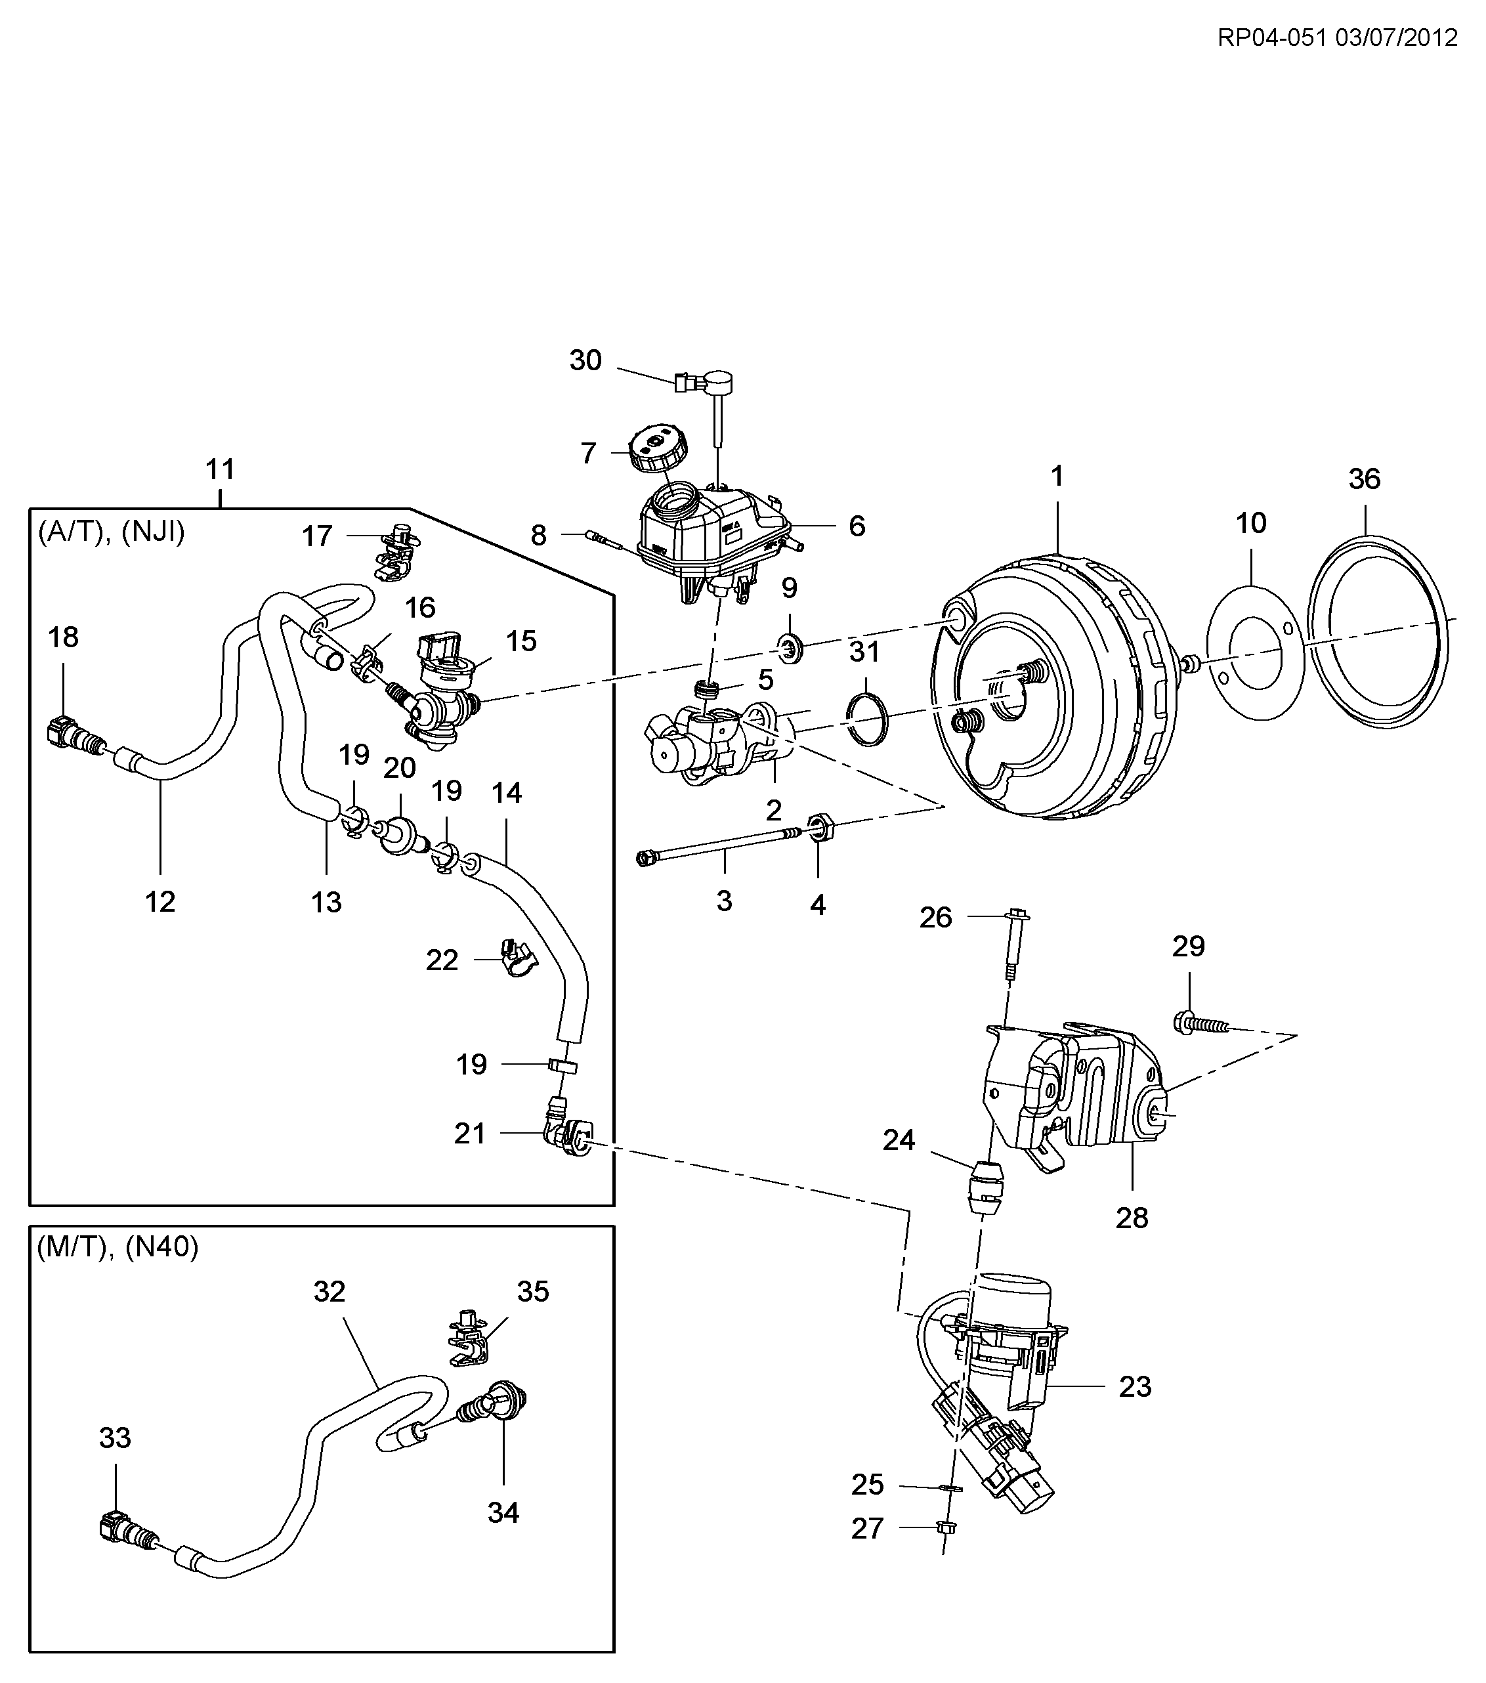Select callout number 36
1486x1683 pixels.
tap(1364, 479)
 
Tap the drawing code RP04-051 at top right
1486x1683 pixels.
tap(1272, 38)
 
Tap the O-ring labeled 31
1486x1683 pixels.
tap(867, 719)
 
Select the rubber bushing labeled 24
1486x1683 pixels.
tap(985, 1187)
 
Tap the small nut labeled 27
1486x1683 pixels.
tap(946, 1527)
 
